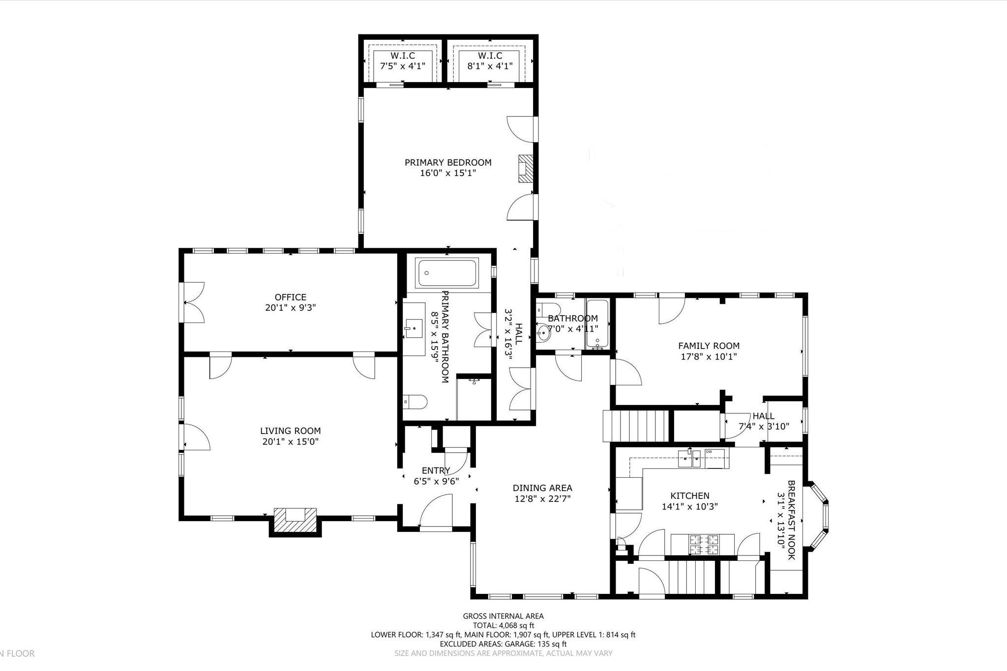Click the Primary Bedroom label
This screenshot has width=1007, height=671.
448,163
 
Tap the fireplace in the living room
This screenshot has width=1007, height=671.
295,520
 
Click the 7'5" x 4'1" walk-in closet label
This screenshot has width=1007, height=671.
402,66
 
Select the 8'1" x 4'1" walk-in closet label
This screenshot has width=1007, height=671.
490,66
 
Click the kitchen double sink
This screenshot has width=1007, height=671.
692,461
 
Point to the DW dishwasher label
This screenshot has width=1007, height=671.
709,451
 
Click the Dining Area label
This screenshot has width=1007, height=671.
542,488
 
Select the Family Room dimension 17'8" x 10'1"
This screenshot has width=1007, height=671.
709,357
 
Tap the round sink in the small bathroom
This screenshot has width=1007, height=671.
543,334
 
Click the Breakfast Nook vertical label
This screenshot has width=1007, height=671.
791,520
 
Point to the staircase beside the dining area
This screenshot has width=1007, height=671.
636,426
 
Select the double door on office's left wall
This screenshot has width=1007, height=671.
193,302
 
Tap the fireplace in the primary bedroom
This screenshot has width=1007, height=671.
526,169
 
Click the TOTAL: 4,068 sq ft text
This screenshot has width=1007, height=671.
503,625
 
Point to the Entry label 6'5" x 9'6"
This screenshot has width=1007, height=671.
436,476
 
